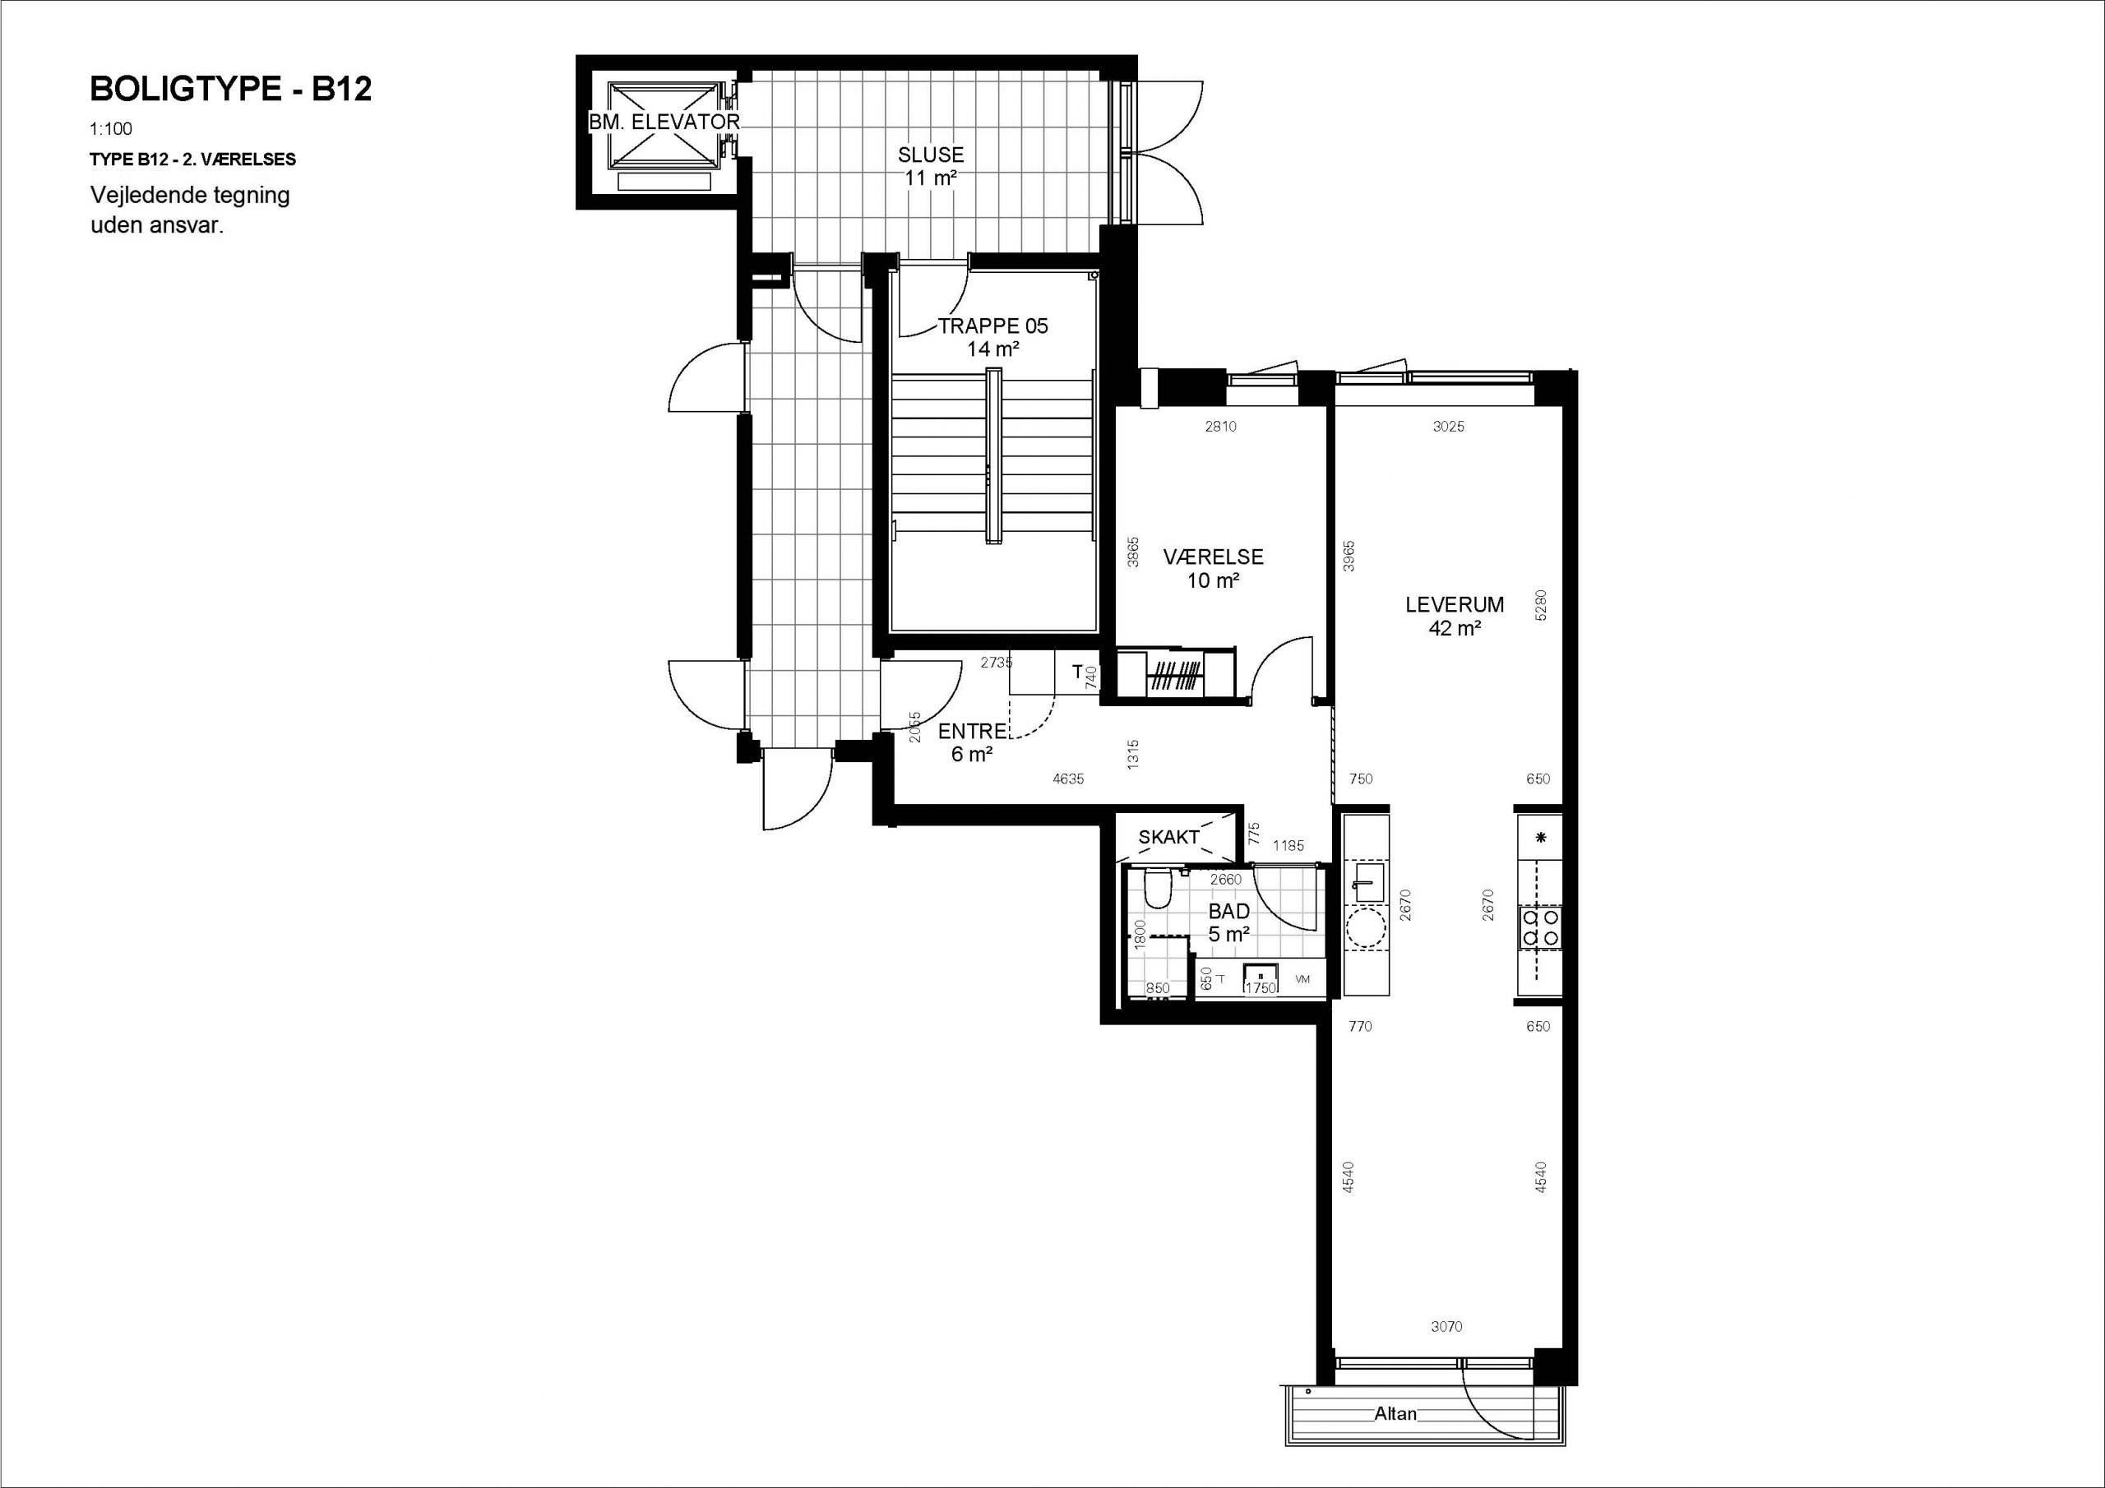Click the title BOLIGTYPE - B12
point(230,89)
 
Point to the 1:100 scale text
point(111,129)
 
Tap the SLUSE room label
point(931,155)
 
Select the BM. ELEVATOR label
point(664,121)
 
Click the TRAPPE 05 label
point(993,326)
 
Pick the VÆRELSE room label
point(1213,557)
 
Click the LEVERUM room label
point(1455,604)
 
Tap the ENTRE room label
point(973,731)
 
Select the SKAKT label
point(1169,837)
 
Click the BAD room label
point(1228,912)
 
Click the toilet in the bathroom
point(1158,889)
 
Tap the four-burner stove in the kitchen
point(1540,927)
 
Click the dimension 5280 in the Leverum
point(1540,605)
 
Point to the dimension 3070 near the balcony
point(1446,1327)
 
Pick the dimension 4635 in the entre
point(1068,779)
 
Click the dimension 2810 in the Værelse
point(1220,427)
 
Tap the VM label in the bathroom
point(1302,979)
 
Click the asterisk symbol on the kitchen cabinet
point(1541,837)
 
